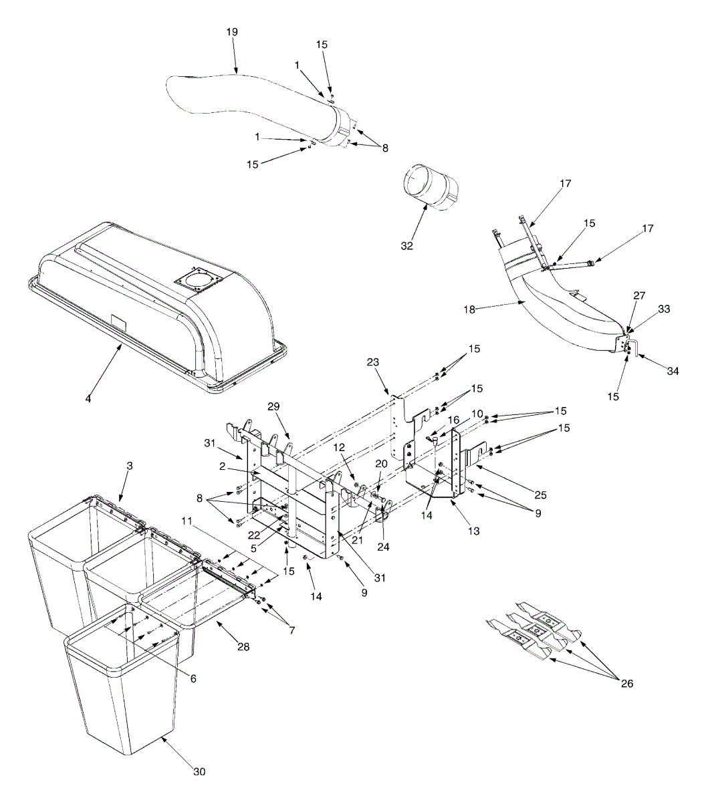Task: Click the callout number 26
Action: click(626, 683)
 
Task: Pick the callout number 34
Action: click(673, 371)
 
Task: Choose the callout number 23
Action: click(372, 362)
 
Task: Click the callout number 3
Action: click(130, 466)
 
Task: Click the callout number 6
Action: click(193, 678)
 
